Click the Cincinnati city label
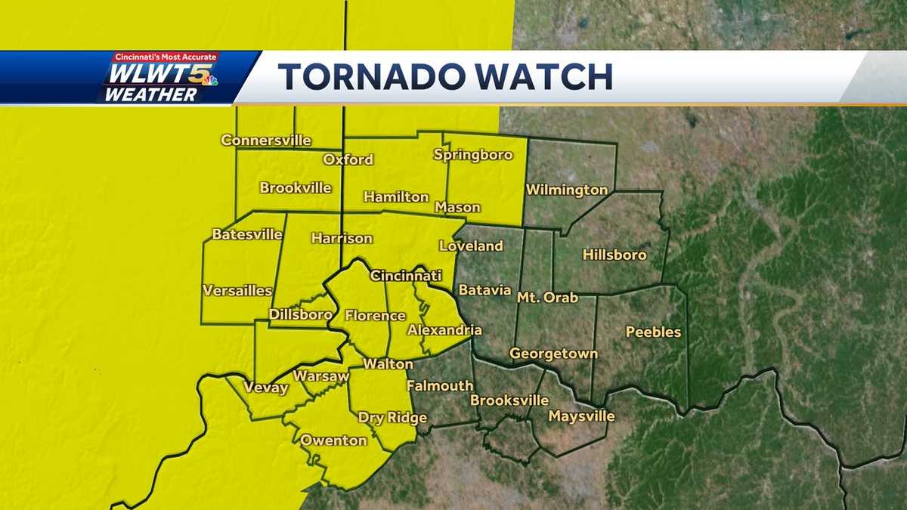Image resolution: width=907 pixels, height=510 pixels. (405, 276)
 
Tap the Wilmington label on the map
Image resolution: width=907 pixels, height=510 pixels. (567, 190)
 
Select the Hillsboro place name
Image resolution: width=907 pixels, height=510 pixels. (614, 255)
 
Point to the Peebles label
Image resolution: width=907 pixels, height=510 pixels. (654, 332)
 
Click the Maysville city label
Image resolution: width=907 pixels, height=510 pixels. (581, 416)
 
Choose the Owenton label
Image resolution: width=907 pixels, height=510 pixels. (333, 440)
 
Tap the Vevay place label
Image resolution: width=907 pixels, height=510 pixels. (265, 388)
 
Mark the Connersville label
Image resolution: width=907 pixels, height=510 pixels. (266, 141)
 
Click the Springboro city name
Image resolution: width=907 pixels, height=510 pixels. (473, 155)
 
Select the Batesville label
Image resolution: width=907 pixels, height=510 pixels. (246, 234)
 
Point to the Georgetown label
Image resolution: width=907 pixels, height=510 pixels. (553, 353)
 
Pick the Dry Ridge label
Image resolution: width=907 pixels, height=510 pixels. (392, 418)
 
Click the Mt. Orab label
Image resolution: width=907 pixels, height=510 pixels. (547, 297)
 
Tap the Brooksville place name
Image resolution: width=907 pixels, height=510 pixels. (508, 400)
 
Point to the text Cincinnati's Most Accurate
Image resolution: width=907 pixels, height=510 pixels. (165, 57)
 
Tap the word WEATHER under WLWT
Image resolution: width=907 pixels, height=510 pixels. (150, 94)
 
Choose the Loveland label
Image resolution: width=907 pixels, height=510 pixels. (471, 246)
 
